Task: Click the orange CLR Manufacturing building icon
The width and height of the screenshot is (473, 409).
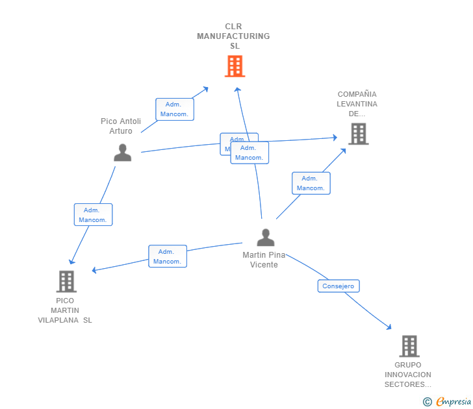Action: [x=235, y=66]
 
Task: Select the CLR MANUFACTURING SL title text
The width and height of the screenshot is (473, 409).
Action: [x=234, y=36]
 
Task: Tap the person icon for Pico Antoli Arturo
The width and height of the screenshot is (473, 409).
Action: [x=122, y=153]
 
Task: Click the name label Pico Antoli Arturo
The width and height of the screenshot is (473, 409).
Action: [x=121, y=126]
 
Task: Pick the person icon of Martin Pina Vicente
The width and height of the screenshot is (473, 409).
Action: [x=265, y=238]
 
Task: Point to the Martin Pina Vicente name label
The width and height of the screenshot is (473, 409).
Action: [x=264, y=260]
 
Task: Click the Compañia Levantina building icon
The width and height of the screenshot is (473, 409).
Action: [x=358, y=134]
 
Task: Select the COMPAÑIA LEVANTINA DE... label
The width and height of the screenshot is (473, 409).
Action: [x=357, y=104]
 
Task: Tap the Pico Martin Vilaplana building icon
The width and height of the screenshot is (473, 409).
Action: [x=66, y=282]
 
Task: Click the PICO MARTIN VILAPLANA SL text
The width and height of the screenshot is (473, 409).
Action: [x=65, y=310]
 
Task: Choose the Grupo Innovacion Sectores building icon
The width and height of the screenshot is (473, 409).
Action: [x=409, y=346]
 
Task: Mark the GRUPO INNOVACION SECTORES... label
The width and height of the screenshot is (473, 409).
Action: [x=407, y=375]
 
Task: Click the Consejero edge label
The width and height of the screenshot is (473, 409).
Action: [x=339, y=286]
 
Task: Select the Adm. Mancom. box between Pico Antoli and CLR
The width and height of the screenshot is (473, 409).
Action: [x=174, y=109]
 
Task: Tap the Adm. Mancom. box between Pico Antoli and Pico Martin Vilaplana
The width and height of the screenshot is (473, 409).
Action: [x=93, y=215]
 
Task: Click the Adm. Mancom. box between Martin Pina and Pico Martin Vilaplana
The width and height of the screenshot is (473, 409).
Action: [x=167, y=256]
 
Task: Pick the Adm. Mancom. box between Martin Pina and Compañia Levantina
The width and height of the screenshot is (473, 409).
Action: [x=311, y=183]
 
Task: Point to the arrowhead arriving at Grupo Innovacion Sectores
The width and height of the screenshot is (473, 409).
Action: [x=389, y=328]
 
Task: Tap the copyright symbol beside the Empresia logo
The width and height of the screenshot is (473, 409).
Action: [x=427, y=402]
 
